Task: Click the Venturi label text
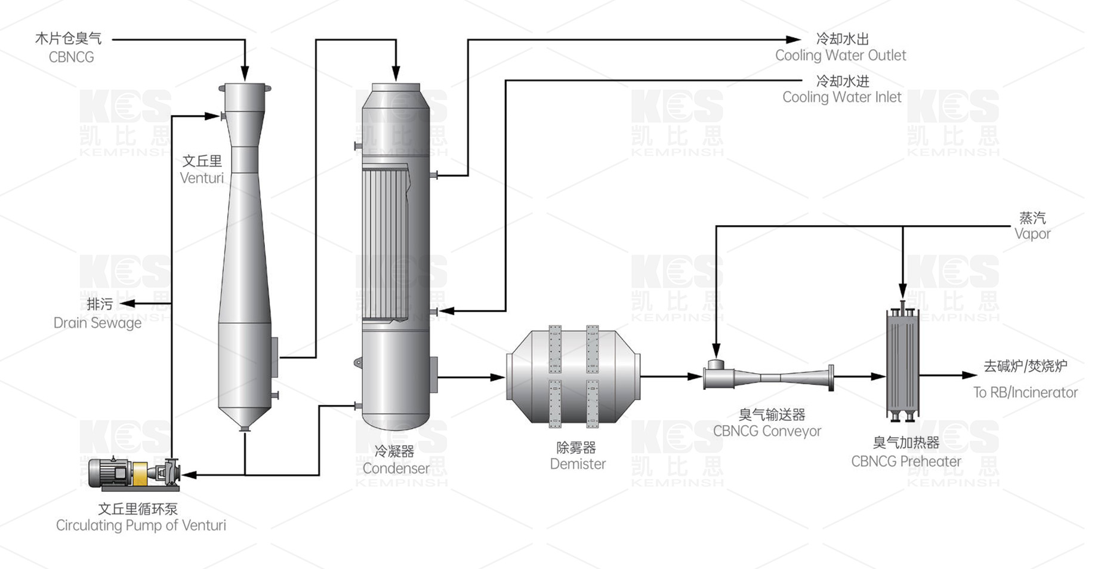[202, 177]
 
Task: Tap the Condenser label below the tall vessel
[396, 468]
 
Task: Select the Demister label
[578, 463]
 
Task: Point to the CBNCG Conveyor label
[767, 430]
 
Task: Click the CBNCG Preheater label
[906, 461]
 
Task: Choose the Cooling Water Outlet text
[840, 56]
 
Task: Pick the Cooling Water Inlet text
[841, 97]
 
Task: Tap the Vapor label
[1032, 233]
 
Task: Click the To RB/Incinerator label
[1025, 392]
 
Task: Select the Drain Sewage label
[97, 323]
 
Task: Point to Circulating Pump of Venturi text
[141, 525]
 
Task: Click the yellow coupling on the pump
[140, 473]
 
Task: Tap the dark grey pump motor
[108, 472]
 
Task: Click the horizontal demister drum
[573, 377]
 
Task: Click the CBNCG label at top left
[71, 57]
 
